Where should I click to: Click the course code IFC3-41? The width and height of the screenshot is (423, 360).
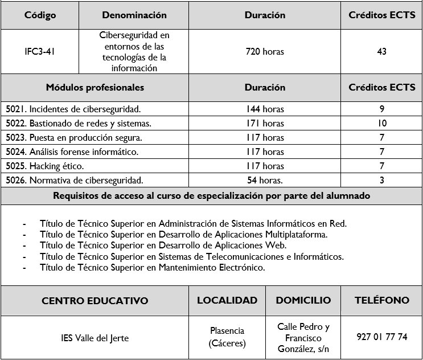(x=40, y=52)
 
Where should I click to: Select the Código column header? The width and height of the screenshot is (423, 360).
(x=40, y=15)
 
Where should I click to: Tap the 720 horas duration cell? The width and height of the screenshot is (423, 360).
(x=265, y=52)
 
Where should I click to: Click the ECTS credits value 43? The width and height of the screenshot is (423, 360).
(x=381, y=52)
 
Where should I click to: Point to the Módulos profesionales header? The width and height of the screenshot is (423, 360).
(x=95, y=88)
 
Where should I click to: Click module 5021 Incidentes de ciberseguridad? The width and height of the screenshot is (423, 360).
(x=73, y=109)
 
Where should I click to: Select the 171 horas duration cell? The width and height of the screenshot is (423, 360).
(x=265, y=123)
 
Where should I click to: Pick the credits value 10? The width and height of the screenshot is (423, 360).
(x=381, y=123)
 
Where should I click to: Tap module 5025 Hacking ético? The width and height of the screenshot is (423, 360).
(x=45, y=166)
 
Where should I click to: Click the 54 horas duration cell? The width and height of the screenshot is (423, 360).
(x=265, y=181)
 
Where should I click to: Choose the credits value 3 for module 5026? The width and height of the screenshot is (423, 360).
(x=381, y=181)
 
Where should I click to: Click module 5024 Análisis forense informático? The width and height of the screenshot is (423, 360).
(x=72, y=152)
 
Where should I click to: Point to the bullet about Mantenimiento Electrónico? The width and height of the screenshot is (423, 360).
(x=152, y=267)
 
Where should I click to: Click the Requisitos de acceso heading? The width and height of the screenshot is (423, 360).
(x=211, y=196)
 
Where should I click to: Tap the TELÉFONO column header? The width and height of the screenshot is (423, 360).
(x=381, y=300)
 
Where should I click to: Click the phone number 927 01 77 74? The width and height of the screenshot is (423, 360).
(x=381, y=337)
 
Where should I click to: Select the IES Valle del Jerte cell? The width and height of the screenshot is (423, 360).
(x=95, y=338)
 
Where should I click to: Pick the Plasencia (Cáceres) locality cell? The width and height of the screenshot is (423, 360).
(x=227, y=337)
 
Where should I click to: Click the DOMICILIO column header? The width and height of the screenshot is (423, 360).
(x=303, y=300)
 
